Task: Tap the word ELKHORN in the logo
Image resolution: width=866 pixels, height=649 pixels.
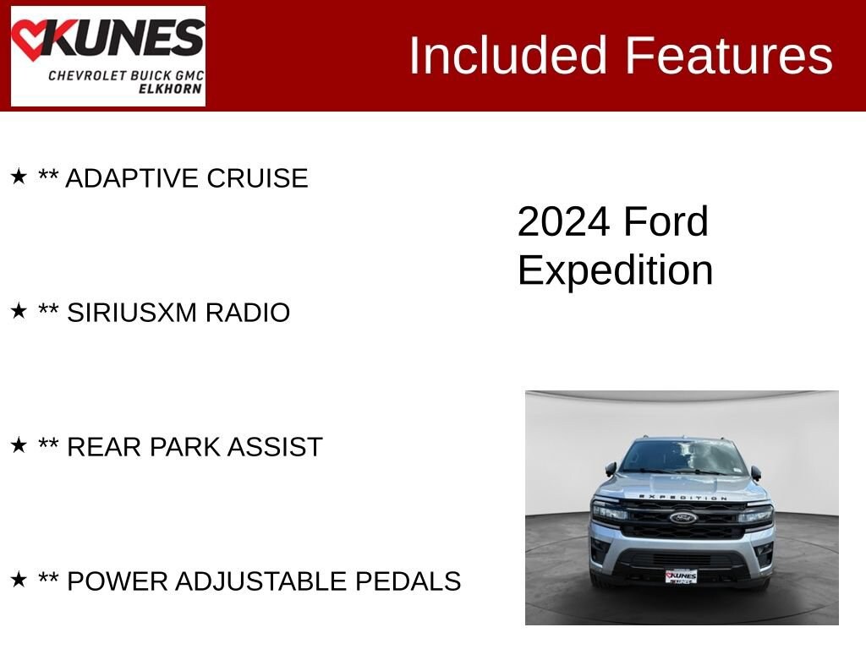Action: tap(170, 89)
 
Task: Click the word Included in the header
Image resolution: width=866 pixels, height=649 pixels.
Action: tap(507, 55)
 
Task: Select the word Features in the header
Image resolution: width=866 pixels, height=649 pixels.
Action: tap(728, 55)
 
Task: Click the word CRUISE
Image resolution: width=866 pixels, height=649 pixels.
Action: tap(257, 178)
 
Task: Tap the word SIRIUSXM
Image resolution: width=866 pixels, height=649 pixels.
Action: tap(132, 313)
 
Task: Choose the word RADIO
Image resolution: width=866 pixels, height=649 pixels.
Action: tap(248, 313)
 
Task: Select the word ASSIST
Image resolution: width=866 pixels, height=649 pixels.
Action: tap(275, 447)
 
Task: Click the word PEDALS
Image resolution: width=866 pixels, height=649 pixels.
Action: tap(408, 581)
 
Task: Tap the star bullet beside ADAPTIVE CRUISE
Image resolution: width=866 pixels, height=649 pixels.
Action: tap(19, 177)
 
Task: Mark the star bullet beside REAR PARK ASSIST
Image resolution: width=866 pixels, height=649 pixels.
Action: tap(19, 444)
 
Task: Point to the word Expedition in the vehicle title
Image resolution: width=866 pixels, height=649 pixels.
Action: tap(616, 270)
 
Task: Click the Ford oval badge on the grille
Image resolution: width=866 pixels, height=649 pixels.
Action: tap(683, 518)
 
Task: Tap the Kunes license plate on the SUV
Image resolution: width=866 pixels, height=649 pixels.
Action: tap(681, 576)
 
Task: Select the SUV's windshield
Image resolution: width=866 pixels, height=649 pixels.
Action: tap(682, 457)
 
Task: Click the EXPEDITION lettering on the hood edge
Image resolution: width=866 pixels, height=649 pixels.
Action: tap(682, 497)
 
